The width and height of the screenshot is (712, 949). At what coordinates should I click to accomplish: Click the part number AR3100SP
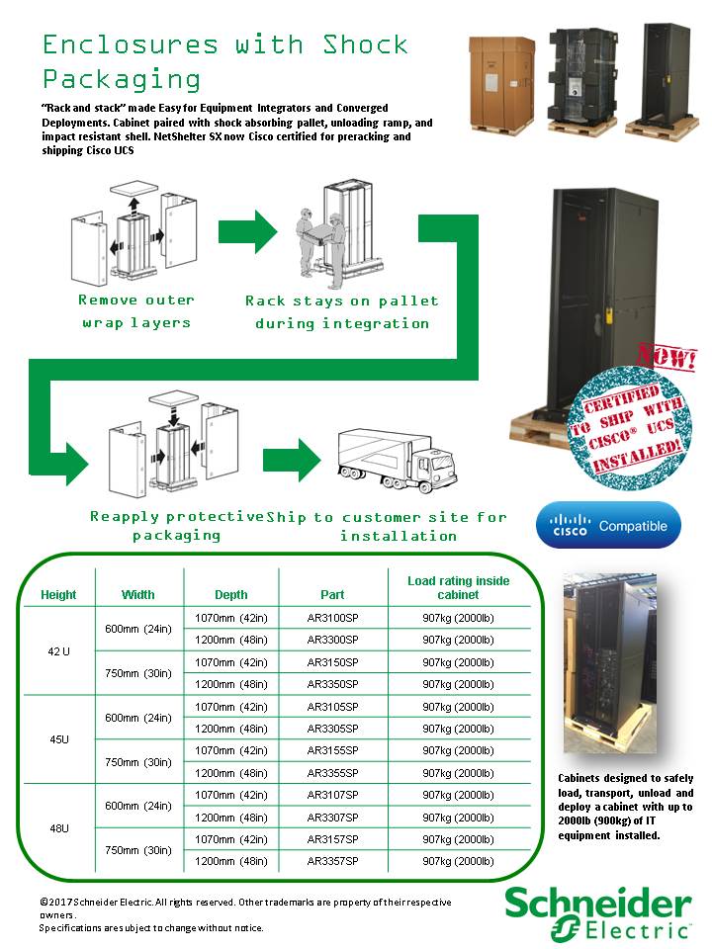(x=332, y=618)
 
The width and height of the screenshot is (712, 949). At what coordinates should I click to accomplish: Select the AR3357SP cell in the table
(x=332, y=861)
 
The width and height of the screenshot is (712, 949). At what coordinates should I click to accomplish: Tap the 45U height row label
(x=58, y=739)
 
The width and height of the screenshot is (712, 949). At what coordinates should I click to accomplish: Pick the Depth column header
(x=231, y=594)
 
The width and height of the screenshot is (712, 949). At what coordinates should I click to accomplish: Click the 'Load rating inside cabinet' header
(x=458, y=587)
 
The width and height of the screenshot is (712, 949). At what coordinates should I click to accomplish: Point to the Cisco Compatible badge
(x=608, y=525)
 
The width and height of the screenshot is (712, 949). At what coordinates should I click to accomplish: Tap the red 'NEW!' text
(x=667, y=358)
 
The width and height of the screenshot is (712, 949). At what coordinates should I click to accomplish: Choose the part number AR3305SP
(x=332, y=729)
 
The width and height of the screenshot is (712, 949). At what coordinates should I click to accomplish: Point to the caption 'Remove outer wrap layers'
(x=136, y=311)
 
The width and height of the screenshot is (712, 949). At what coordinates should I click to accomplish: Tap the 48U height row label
(x=58, y=827)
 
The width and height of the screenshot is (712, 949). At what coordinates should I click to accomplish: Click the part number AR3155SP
(x=332, y=750)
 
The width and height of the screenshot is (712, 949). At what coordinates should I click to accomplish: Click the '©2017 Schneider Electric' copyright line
(x=245, y=903)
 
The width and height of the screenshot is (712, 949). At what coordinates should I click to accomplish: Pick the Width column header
(x=138, y=594)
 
